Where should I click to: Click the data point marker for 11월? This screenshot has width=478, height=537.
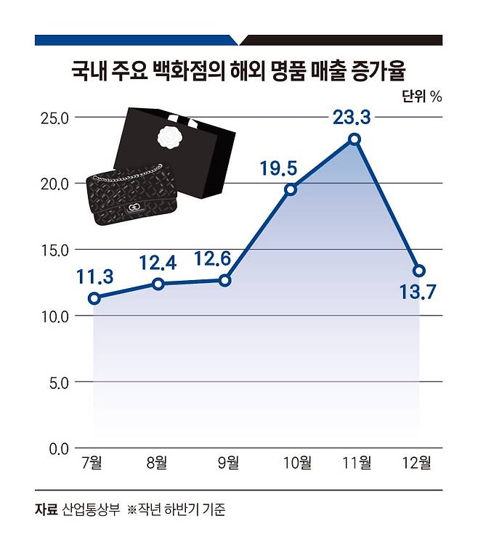[x=354, y=139]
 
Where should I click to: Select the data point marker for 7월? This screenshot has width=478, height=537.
[x=94, y=298]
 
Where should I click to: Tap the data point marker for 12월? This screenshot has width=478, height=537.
[x=419, y=271]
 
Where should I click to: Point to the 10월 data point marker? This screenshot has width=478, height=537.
[x=291, y=189]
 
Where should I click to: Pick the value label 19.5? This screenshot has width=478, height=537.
[x=278, y=168]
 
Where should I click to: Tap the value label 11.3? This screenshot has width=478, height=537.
[x=94, y=276]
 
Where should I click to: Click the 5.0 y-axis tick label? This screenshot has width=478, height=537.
[x=57, y=382]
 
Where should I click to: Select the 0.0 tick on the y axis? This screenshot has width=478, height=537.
[x=57, y=448]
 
